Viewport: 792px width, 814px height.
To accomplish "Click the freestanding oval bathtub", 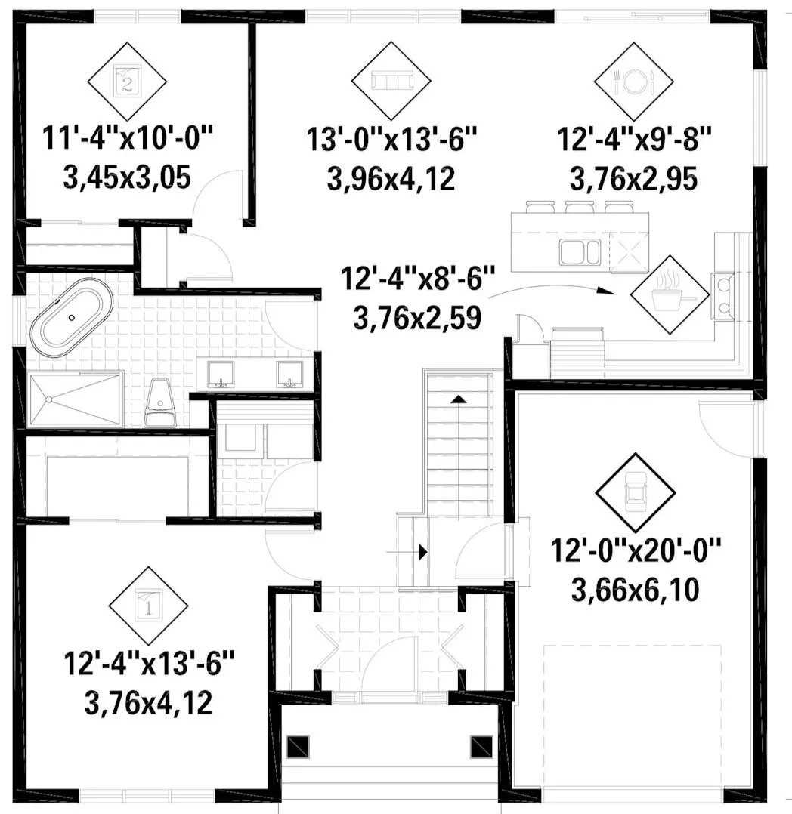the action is pos(72,318).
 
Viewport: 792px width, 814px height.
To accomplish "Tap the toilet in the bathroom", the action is pos(160,402).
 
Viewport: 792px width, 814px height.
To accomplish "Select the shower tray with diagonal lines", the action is pos(76,399).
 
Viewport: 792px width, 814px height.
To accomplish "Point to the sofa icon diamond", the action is pos(391,81).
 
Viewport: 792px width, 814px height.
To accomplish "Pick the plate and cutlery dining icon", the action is pos(633,82).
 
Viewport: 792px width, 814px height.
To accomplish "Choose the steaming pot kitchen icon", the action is pos(670,294).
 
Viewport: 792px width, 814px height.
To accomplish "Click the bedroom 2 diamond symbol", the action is pos(127,82).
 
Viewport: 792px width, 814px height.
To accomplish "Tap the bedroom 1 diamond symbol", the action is pos(149,606).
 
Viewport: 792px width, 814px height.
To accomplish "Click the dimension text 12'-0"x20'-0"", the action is pos(636,550).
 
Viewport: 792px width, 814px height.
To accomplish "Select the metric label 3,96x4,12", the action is pos(391,179).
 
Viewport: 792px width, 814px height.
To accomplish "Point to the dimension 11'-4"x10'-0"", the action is pos(127,139).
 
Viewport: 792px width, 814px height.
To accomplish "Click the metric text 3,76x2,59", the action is pos(417,318).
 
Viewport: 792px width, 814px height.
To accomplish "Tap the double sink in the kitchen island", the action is pos(580,253).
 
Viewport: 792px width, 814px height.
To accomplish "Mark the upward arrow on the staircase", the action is pos(459,399).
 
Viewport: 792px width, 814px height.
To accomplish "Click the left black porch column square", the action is pos(298,747).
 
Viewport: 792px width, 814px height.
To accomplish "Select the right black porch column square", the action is pos(481,747).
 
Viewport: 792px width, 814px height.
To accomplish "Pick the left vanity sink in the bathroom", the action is pos(221,375).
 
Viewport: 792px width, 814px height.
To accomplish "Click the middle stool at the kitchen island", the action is pos(580,207).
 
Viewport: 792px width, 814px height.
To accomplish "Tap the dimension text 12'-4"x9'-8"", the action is pos(634,140).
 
